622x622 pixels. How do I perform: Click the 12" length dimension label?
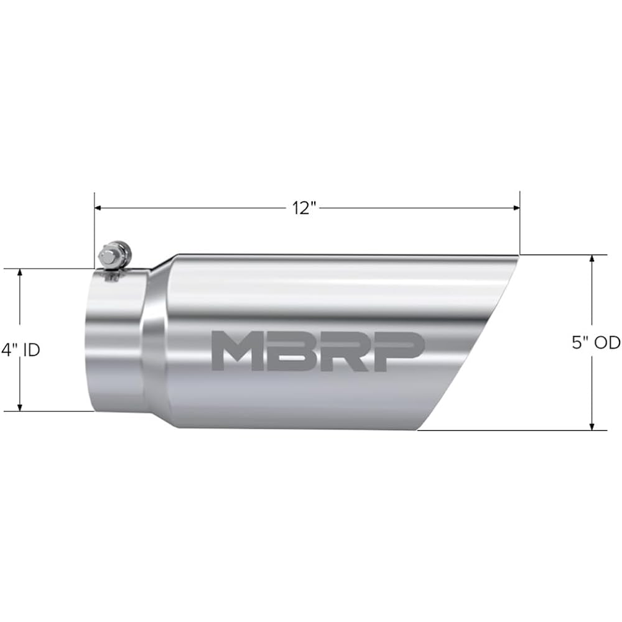[x=304, y=208]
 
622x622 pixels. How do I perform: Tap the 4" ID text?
[x=20, y=350]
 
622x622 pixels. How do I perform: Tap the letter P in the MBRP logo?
[x=399, y=351]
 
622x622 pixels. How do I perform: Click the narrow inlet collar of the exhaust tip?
[x=115, y=342]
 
